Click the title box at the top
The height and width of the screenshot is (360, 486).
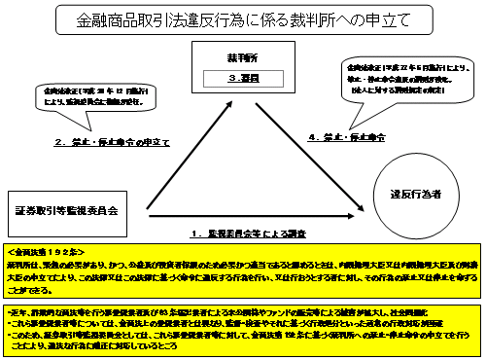[242, 18]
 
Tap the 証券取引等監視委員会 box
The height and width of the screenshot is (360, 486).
[66, 208]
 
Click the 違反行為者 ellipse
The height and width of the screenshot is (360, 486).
[415, 195]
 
